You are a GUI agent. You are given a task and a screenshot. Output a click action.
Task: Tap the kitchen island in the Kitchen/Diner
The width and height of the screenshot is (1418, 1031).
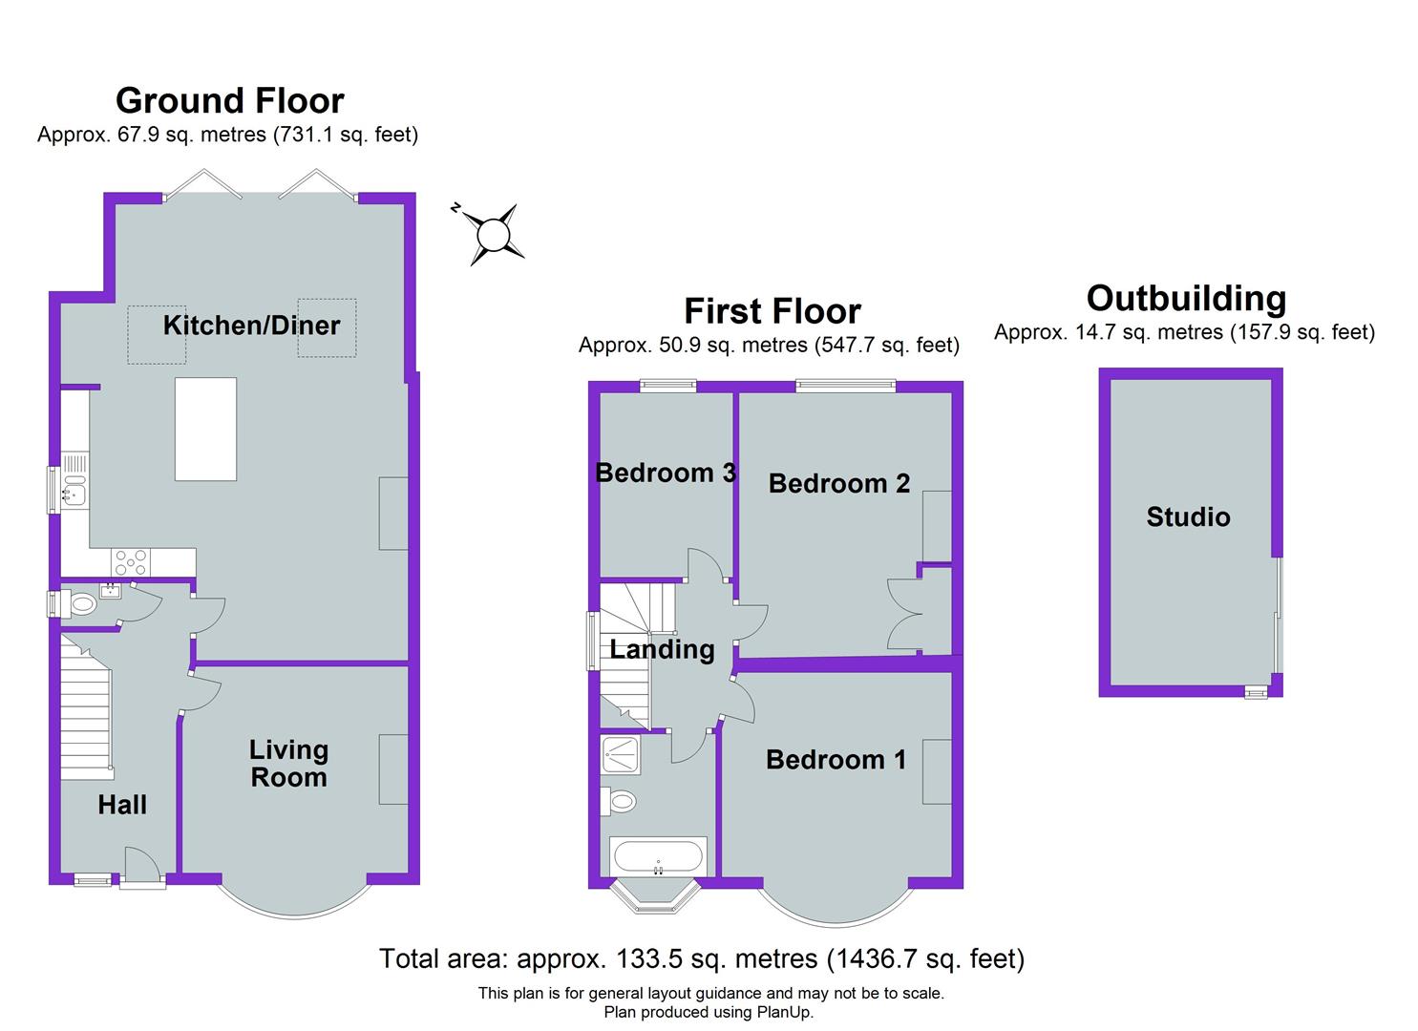pos(205,429)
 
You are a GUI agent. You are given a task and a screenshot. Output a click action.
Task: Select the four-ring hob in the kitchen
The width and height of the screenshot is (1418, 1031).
pos(131,561)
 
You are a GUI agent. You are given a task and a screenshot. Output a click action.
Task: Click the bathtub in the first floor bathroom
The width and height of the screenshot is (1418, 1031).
pos(658,855)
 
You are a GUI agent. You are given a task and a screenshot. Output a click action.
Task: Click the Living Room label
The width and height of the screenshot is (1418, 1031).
pos(288,764)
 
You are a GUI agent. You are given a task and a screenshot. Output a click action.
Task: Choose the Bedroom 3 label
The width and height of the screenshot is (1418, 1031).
pos(665,473)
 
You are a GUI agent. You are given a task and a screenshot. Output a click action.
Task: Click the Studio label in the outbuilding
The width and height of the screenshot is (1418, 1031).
pos(1188,517)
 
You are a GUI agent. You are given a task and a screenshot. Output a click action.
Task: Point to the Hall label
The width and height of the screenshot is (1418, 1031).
pos(122,805)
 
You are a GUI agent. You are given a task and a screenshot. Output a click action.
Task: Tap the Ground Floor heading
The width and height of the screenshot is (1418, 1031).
pos(229,100)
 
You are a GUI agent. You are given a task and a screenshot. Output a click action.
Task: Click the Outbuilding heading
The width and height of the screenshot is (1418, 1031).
pos(1186,299)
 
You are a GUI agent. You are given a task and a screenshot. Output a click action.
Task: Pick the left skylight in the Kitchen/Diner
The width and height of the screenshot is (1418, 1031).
pos(158,334)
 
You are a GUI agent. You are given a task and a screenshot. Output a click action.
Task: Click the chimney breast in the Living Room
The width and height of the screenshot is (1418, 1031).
pos(393,768)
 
